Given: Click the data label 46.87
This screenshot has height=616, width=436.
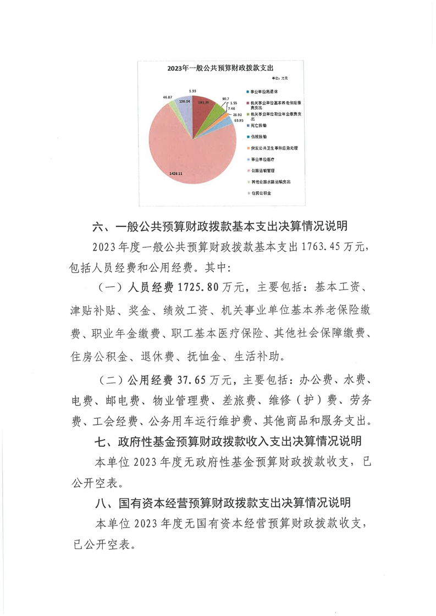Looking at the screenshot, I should [x=168, y=97].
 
